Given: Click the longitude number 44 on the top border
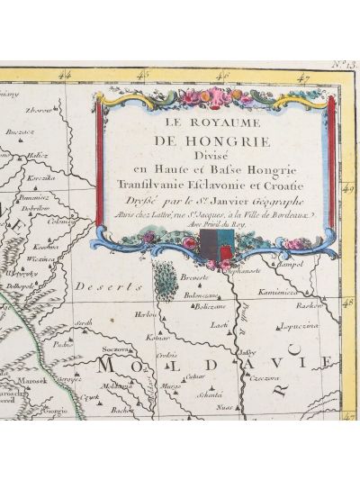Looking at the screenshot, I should point(63,78).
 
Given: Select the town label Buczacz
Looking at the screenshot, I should point(19,131).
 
